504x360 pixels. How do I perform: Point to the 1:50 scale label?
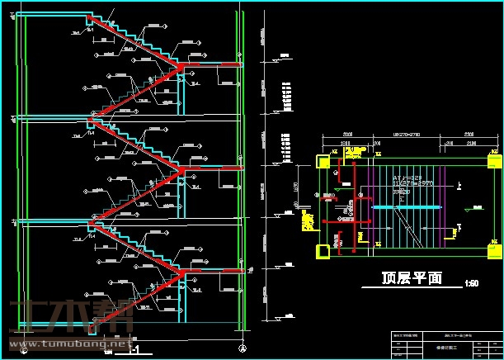click(x=471, y=283)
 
